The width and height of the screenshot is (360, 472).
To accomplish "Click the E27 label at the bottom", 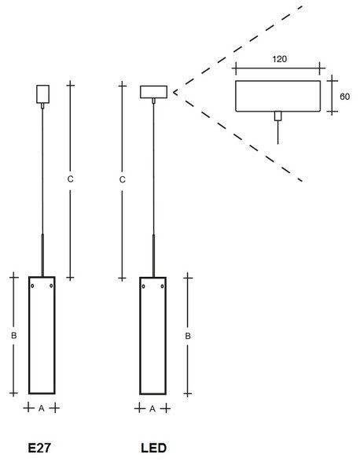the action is pyautogui.click(x=39, y=448).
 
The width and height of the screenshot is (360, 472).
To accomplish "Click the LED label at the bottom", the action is pyautogui.click(x=153, y=448).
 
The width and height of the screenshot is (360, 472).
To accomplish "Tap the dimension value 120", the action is pyautogui.click(x=279, y=59).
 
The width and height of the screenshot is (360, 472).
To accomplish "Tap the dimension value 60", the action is pyautogui.click(x=344, y=97).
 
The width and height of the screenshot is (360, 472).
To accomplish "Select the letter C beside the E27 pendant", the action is pyautogui.click(x=70, y=179).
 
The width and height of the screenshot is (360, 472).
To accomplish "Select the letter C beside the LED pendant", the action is pyautogui.click(x=122, y=179).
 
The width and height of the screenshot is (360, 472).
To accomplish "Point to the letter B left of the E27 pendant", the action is pyautogui.click(x=14, y=335).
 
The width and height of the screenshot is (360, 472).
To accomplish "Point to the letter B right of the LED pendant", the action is pyautogui.click(x=188, y=336).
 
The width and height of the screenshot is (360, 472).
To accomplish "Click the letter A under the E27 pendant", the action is pyautogui.click(x=42, y=408).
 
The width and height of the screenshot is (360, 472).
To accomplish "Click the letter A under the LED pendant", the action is pyautogui.click(x=152, y=409).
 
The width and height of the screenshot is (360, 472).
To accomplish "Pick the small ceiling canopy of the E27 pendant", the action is pyautogui.click(x=42, y=94).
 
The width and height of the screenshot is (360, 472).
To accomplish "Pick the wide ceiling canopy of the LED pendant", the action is pyautogui.click(x=153, y=92).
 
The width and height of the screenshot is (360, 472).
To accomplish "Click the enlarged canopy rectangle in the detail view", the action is pyautogui.click(x=277, y=81).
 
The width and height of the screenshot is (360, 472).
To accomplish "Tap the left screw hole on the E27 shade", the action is pyautogui.click(x=32, y=286).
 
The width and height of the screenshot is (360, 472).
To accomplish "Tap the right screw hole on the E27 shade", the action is pyautogui.click(x=51, y=286).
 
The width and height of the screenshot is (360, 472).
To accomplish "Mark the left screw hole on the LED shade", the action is pyautogui.click(x=144, y=286).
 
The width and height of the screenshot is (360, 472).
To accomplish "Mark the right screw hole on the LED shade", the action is pyautogui.click(x=163, y=286).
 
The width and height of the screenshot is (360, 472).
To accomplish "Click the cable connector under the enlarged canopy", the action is pyautogui.click(x=278, y=116).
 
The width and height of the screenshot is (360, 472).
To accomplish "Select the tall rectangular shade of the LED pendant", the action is pyautogui.click(x=140, y=336).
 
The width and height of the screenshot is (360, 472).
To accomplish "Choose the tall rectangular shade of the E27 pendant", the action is pyautogui.click(x=29, y=335).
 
